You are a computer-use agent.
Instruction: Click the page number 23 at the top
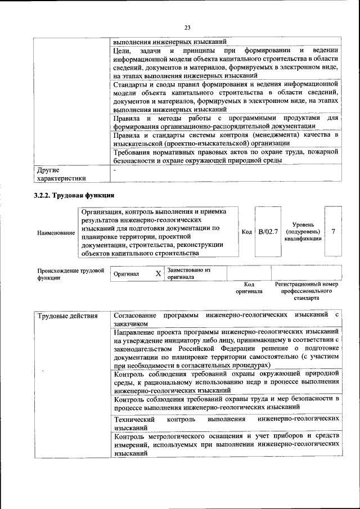187,27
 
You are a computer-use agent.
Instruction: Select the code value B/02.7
267,232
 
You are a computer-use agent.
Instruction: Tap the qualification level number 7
334,232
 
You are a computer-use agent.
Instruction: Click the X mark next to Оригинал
158,274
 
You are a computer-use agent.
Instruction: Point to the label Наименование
55,232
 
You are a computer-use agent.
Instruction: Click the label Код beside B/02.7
246,232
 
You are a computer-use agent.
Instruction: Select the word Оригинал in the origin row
127,274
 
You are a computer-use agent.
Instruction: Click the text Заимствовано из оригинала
188,274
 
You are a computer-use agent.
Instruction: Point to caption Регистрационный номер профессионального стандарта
307,291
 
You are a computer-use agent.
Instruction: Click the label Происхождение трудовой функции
70,274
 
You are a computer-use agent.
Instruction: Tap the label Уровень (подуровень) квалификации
303,232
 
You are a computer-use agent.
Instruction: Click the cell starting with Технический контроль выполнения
226,423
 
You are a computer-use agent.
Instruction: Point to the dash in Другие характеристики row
115,169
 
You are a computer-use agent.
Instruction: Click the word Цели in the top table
122,52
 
